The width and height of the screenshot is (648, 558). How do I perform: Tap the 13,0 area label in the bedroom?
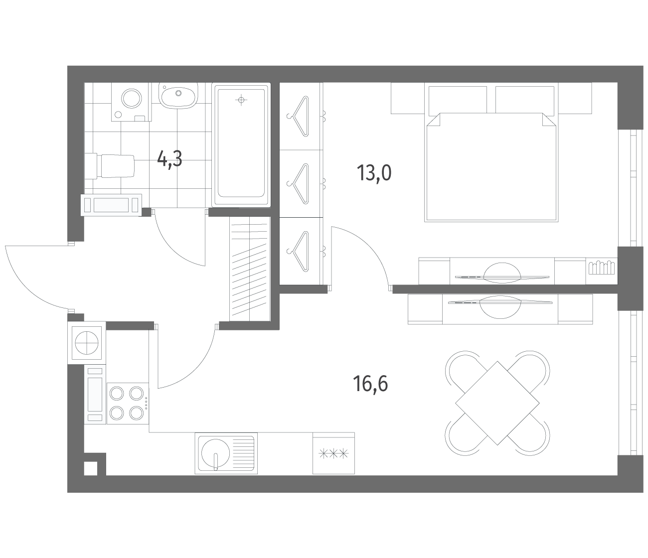tap(374, 173)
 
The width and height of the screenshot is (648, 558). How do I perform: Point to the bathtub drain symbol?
tap(241, 100)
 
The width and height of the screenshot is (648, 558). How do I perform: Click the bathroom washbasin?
tap(178, 95)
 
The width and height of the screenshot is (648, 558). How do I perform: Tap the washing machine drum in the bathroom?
tap(132, 98)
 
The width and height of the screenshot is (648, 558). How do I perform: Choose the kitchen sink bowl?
tap(215, 452)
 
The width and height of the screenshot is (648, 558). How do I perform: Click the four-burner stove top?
tap(128, 403)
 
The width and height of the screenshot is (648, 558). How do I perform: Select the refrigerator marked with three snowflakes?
tap(333, 453)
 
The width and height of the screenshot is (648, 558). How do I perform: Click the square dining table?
tap(497, 403)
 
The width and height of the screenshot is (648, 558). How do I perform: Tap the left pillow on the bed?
tap(458, 100)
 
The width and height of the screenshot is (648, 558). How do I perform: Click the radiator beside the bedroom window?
tap(602, 268)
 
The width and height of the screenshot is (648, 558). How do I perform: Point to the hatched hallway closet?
tap(250, 269)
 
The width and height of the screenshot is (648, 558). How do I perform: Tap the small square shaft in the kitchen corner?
tap(91, 468)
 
